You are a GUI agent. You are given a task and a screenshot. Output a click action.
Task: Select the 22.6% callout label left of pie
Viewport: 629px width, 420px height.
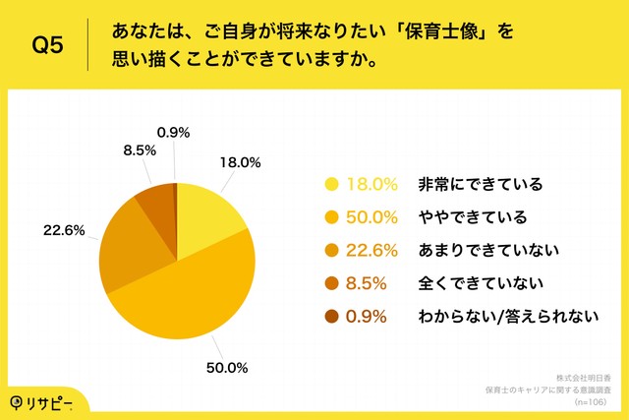[x=63, y=232]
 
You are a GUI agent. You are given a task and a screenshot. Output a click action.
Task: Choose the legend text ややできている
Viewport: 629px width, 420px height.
[x=466, y=216]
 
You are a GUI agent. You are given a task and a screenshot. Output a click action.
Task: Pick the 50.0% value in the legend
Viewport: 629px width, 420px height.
[x=372, y=216]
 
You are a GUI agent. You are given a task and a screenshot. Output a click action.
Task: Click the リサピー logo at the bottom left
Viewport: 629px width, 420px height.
[x=40, y=400]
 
